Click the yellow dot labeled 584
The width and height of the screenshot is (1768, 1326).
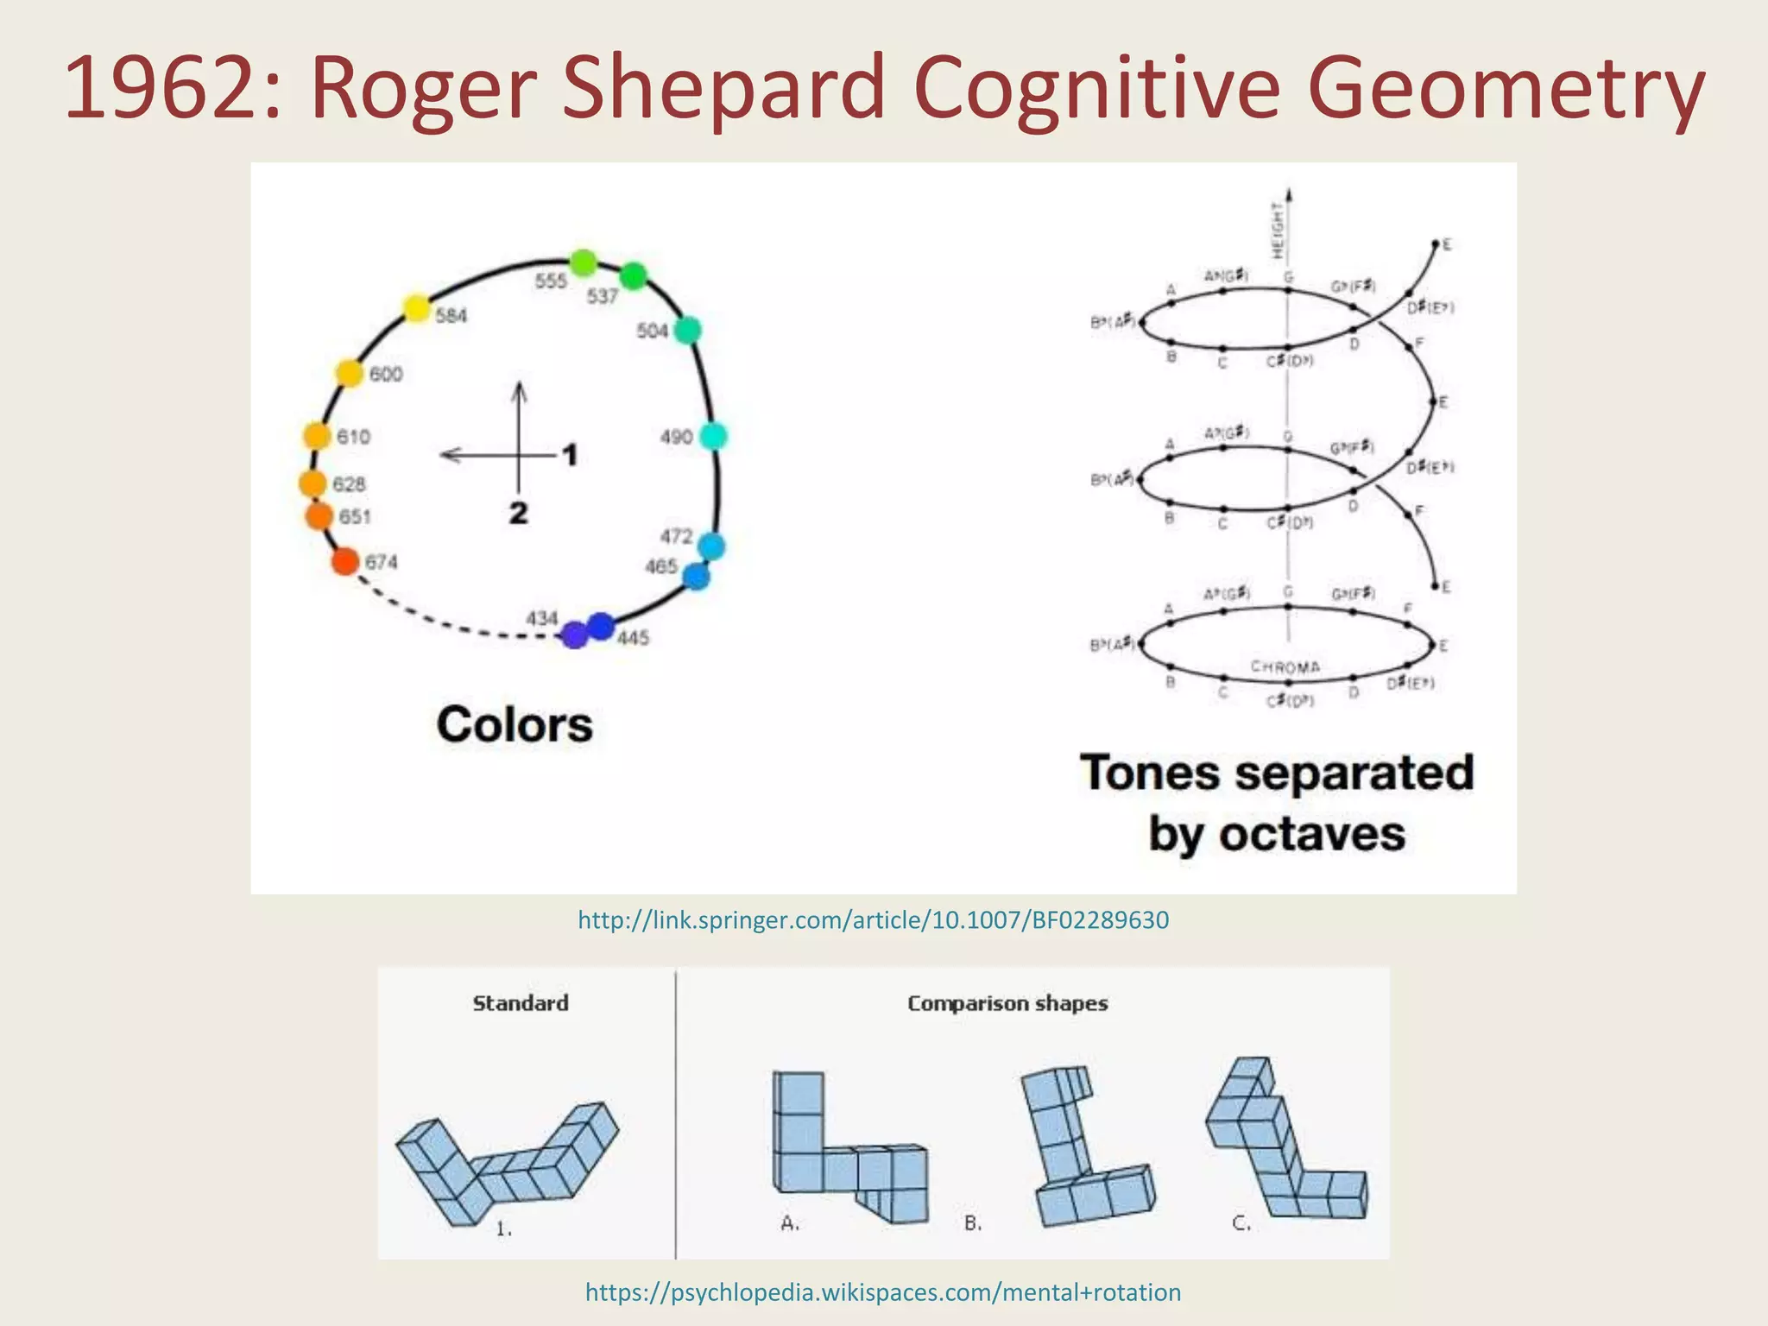(x=416, y=308)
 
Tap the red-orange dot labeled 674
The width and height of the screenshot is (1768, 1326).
(x=345, y=561)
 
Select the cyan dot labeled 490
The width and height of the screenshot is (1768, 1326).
(x=713, y=436)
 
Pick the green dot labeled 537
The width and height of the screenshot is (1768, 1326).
(x=634, y=276)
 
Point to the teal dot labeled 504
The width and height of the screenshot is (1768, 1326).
(x=687, y=330)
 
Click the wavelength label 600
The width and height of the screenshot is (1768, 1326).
(x=386, y=375)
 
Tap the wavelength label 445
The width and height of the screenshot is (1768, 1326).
(x=633, y=638)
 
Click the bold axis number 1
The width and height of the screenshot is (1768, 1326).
(x=570, y=454)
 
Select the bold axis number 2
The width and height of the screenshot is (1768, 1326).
(x=518, y=513)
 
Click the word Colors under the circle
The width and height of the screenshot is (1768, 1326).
(x=515, y=724)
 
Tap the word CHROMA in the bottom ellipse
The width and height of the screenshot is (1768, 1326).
(x=1285, y=666)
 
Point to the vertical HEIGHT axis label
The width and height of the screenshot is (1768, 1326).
(x=1278, y=230)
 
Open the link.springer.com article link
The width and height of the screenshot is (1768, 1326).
(x=873, y=920)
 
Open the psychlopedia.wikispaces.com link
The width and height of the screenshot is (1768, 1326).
(x=882, y=1292)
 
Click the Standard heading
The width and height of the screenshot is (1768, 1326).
(x=521, y=1003)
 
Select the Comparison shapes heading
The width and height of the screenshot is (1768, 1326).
(x=1007, y=1003)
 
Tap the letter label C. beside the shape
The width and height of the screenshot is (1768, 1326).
(x=1241, y=1223)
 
